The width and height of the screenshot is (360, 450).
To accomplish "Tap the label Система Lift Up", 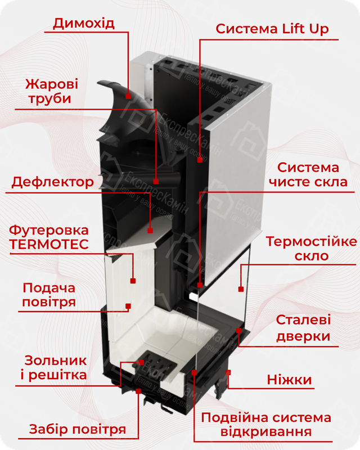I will [272, 29].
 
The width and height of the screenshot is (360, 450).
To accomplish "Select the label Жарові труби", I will [51, 91].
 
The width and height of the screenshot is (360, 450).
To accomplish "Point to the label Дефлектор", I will [53, 182].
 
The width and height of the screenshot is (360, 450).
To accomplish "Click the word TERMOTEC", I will [49, 245].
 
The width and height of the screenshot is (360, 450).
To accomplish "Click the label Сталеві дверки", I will [303, 328].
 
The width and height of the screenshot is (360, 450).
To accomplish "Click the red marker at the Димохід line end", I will [129, 96].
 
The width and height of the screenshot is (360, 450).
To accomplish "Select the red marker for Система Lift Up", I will [200, 160].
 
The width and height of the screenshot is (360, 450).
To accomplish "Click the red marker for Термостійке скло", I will [240, 289].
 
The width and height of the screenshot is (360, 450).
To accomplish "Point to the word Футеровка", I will [49, 231].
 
